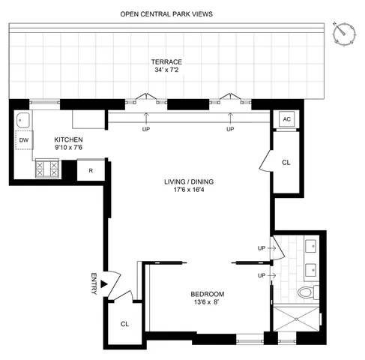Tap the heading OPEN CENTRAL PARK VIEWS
pyautogui.click(x=166, y=14)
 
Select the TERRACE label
pyautogui.click(x=167, y=62)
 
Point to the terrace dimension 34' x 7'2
pyautogui.click(x=167, y=71)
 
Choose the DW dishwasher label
pyautogui.click(x=23, y=139)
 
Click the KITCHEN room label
pyautogui.click(x=68, y=139)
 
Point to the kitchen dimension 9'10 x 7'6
pyautogui.click(x=68, y=148)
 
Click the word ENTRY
pyautogui.click(x=94, y=283)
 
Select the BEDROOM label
pyautogui.click(x=208, y=294)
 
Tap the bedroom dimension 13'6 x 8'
pyautogui.click(x=208, y=303)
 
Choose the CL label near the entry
pyautogui.click(x=124, y=325)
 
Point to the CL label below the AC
pyautogui.click(x=286, y=162)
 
